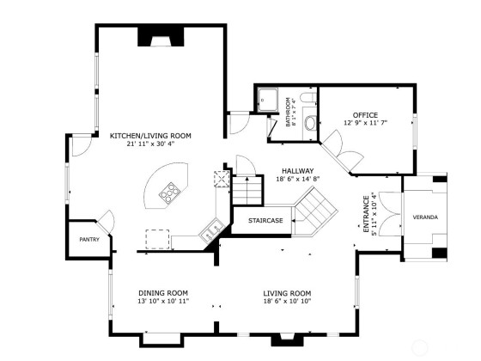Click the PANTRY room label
click(x=89, y=240)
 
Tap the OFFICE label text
click(x=365, y=115)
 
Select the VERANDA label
click(x=425, y=217)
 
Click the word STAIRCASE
click(x=265, y=220)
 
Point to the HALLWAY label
click(x=297, y=171)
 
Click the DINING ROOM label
click(x=163, y=293)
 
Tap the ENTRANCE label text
click(x=366, y=214)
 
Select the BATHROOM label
click(x=288, y=112)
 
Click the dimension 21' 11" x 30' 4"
click(x=150, y=144)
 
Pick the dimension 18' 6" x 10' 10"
click(x=287, y=301)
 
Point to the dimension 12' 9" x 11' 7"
click(x=365, y=123)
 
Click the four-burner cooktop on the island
click(x=169, y=193)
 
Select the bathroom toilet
click(x=310, y=124)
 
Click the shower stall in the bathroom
click(x=267, y=99)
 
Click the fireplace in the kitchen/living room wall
click(x=161, y=36)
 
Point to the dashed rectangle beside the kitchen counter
click(x=157, y=239)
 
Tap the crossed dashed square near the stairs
click(x=222, y=179)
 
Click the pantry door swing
click(x=107, y=222)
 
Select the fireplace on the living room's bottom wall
click(x=288, y=340)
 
